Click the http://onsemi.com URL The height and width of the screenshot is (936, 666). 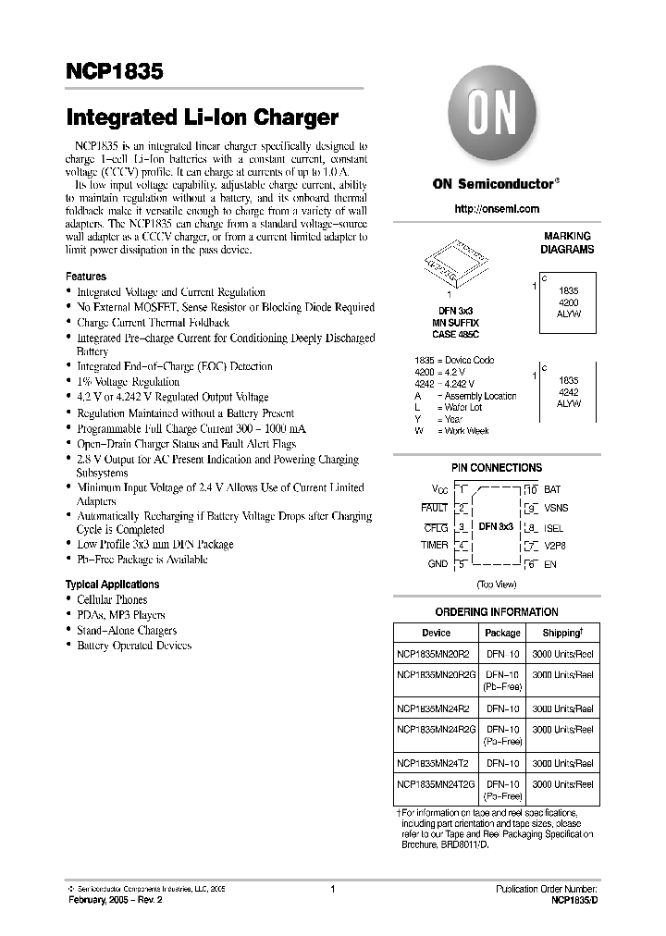[x=496, y=209]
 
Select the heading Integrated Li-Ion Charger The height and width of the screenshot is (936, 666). [x=202, y=117]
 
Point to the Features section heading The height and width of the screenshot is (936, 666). [x=86, y=277]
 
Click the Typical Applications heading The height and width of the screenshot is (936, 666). [x=112, y=585]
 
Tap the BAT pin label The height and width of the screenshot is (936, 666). [x=553, y=488]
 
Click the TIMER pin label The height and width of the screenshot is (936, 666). [x=434, y=546]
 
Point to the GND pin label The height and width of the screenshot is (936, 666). [x=438, y=564]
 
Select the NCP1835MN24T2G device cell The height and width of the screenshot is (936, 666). [x=436, y=783]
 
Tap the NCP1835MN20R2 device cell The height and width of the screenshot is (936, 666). [x=434, y=654]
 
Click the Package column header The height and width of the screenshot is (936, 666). [x=502, y=633]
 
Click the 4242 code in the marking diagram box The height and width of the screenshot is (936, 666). [x=569, y=392]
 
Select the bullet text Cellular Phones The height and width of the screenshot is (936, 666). [x=112, y=600]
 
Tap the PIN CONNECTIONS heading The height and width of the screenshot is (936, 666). [x=496, y=468]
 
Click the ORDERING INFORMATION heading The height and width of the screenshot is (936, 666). [x=496, y=611]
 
